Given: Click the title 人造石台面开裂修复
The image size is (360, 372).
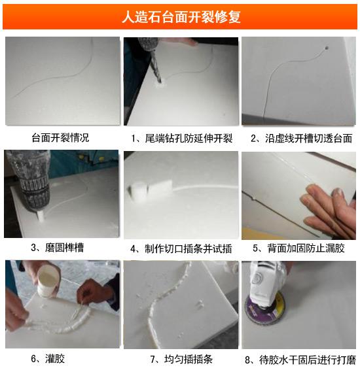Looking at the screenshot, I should click(181, 16).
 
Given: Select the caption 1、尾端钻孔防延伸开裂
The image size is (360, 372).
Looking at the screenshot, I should click(181, 138).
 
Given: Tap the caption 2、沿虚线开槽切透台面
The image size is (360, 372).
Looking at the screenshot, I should click(301, 138).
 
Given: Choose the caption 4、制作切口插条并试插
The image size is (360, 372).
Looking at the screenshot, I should click(181, 248).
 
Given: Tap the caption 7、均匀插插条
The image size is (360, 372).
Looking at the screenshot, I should click(181, 358).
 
